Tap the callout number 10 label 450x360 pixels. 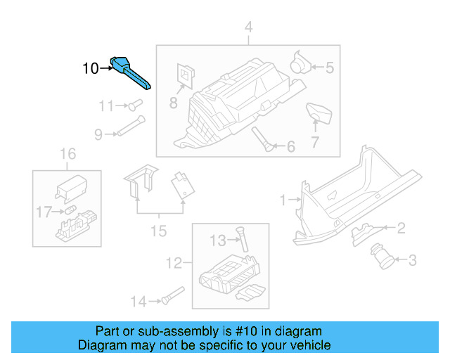(91, 69)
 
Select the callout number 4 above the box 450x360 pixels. (247, 27)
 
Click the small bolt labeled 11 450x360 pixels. (134, 105)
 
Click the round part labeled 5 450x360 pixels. (301, 63)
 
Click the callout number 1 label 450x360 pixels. (283, 200)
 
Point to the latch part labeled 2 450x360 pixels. (363, 229)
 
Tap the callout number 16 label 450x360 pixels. (67, 154)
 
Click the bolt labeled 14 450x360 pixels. (169, 296)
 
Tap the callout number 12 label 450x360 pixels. (173, 264)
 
